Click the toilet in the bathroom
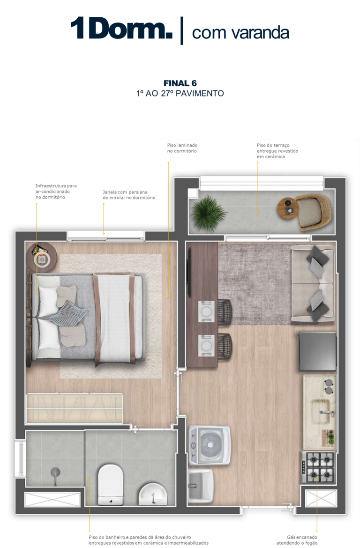click(111, 485)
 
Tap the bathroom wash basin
click(153, 494)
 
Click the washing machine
click(209, 445)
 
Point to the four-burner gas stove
click(318, 467)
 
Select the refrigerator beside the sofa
click(317, 351)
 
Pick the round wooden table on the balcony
click(288, 208)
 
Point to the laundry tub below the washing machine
click(201, 486)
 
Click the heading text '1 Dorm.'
click(121, 28)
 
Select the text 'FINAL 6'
click(180, 83)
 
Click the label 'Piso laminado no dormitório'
click(182, 148)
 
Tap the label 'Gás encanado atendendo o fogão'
click(297, 540)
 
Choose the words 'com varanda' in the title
click(240, 33)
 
